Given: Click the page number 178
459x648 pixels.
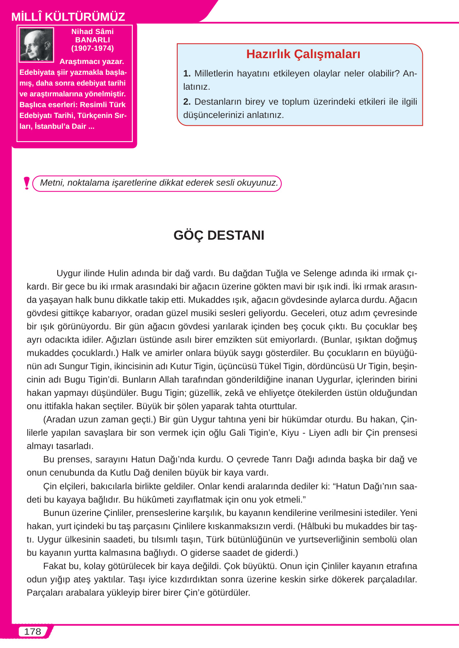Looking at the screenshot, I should pos(32,631).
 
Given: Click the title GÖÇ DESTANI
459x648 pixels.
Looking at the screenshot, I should pos(219,235).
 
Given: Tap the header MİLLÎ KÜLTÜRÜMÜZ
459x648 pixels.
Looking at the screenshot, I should pos(68,17).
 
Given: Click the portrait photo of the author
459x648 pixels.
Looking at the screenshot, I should pos(37,45).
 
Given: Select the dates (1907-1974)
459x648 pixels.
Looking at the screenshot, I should pos(92,48).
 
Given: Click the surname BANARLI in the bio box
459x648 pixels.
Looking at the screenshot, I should pos(92,40).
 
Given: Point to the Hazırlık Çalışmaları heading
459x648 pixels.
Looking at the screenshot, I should pos(303,54).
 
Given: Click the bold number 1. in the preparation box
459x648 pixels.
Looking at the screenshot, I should pos(187,74).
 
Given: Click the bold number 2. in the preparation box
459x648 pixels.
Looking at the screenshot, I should pos(187,102).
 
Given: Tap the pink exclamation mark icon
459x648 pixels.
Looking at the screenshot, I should pos(27,183).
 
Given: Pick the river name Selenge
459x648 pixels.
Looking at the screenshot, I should pos(320,273).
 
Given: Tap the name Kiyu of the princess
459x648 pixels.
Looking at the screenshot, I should pos(290,433).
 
